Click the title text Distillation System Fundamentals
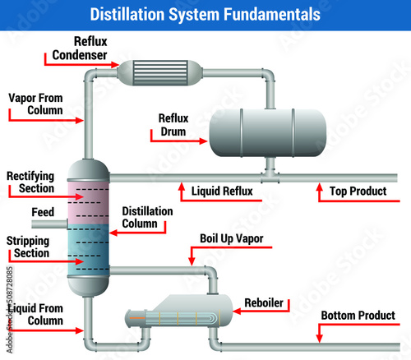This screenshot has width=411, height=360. tap(205, 14)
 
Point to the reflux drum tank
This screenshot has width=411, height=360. tap(266, 132)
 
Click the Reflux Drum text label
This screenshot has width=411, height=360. tap(173, 123)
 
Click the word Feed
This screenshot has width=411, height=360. tap(43, 212)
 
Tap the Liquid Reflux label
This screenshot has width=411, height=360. tap(221, 192)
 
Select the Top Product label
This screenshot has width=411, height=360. tap(358, 192)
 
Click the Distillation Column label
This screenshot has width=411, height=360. tap(147, 217)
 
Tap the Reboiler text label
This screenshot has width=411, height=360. tap(265, 303)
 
